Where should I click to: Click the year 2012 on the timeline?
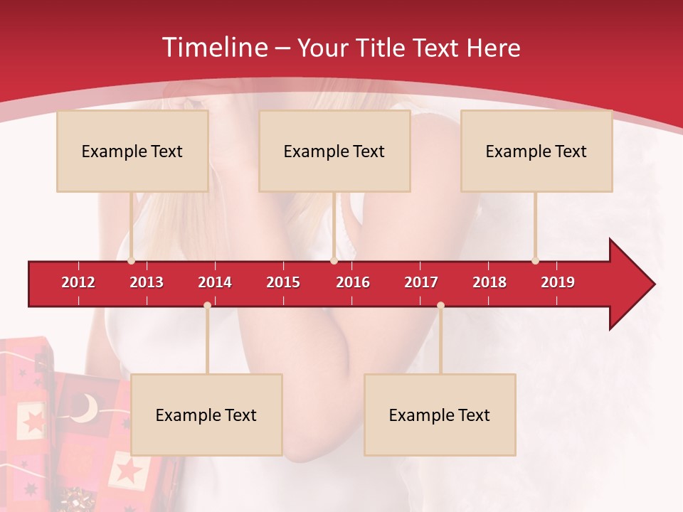click(78, 282)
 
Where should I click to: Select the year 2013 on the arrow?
click(147, 282)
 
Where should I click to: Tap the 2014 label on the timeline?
click(215, 282)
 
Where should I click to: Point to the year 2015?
click(283, 282)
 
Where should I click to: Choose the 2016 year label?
click(353, 282)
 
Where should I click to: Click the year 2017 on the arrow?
click(421, 282)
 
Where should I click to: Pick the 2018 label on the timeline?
click(489, 282)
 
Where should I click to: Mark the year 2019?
click(558, 282)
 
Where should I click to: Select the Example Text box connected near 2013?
click(132, 151)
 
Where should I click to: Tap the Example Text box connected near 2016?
click(334, 151)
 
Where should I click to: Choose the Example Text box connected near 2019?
click(536, 151)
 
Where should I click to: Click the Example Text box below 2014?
click(206, 415)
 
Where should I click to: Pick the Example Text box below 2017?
click(440, 415)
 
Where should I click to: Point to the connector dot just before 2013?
click(131, 260)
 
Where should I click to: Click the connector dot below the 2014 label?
click(207, 306)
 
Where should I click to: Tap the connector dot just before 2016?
click(334, 260)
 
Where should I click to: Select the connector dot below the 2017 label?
click(440, 306)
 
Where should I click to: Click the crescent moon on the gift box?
click(87, 408)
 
